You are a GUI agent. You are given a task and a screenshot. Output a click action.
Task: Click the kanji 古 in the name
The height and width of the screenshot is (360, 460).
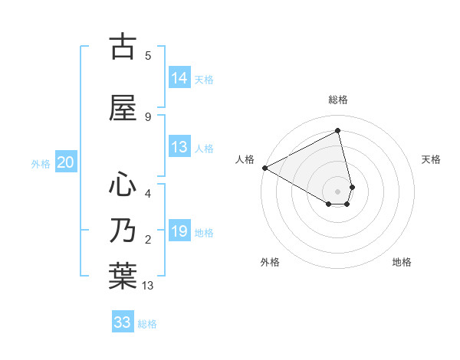[122, 47]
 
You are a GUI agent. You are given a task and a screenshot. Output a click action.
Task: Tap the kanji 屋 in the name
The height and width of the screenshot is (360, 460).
[122, 108]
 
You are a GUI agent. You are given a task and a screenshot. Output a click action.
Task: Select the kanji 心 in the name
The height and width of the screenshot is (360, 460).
[122, 185]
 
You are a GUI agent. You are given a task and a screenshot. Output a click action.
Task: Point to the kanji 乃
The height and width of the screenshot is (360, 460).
[122, 231]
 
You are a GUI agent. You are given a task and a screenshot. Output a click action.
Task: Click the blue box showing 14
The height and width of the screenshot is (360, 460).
[179, 78]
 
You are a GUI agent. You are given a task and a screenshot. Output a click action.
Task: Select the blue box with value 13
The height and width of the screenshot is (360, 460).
[179, 148]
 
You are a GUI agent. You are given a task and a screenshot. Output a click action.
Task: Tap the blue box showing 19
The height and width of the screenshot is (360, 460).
[179, 232]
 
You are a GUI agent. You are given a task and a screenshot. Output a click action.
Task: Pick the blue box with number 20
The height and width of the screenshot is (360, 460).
[66, 162]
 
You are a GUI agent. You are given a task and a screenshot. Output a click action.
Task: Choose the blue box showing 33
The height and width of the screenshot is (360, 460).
[123, 322]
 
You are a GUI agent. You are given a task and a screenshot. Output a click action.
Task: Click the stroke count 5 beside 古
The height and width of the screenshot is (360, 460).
[148, 56]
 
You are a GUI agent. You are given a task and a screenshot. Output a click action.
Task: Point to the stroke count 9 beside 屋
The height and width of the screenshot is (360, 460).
[148, 116]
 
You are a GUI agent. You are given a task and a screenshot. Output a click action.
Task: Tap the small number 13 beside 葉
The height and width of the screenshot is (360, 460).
[149, 286]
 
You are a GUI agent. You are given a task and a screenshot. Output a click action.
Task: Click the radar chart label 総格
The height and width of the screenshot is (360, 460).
[338, 100]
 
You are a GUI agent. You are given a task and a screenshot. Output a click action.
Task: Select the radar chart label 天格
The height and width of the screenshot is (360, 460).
[431, 159]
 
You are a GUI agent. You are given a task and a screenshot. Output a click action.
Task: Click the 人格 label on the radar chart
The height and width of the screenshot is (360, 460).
[245, 159]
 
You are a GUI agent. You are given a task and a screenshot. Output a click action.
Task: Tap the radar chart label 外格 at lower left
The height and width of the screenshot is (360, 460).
[270, 262]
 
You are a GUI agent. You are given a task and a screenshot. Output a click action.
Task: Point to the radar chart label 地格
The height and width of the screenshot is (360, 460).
[402, 262]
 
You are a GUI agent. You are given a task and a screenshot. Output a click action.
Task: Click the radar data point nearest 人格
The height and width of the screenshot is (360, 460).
[264, 168]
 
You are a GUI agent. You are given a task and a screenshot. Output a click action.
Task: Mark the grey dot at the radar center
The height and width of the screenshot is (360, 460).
[338, 191]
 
